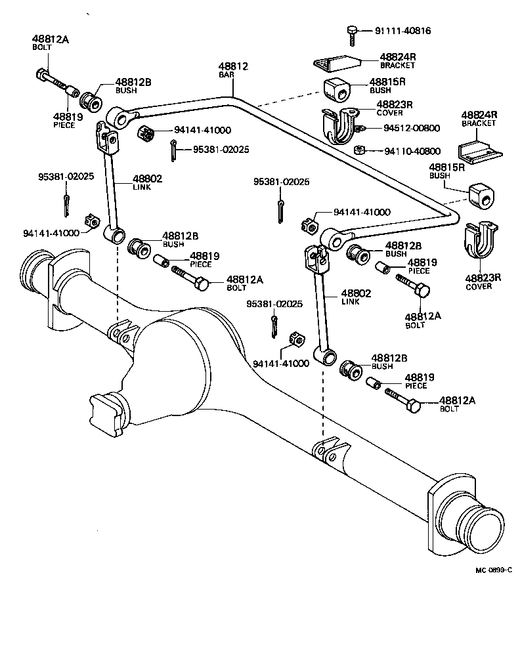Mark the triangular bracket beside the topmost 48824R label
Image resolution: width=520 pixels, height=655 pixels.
click(338, 64)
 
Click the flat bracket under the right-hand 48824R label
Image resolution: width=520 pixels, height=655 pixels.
click(480, 153)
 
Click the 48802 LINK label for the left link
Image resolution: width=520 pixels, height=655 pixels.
click(147, 182)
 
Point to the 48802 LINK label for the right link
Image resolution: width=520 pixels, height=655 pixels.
click(356, 297)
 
